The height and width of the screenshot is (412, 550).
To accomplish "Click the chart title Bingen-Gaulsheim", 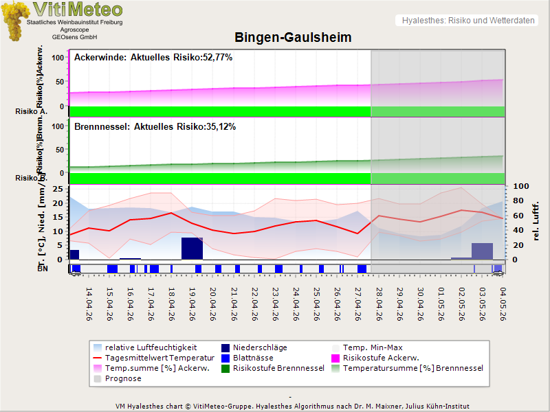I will click(293, 38).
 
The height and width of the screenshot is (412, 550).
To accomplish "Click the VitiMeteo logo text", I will click(78, 10).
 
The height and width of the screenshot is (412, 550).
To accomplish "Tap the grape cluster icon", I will click(16, 21).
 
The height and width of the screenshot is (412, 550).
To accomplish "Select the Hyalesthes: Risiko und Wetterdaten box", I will click(467, 21).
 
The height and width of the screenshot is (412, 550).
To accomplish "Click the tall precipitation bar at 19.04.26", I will click(192, 249).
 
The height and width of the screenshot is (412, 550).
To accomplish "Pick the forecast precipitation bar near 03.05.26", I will click(482, 251).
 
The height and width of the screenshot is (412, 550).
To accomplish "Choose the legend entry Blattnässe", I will click(252, 358).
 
